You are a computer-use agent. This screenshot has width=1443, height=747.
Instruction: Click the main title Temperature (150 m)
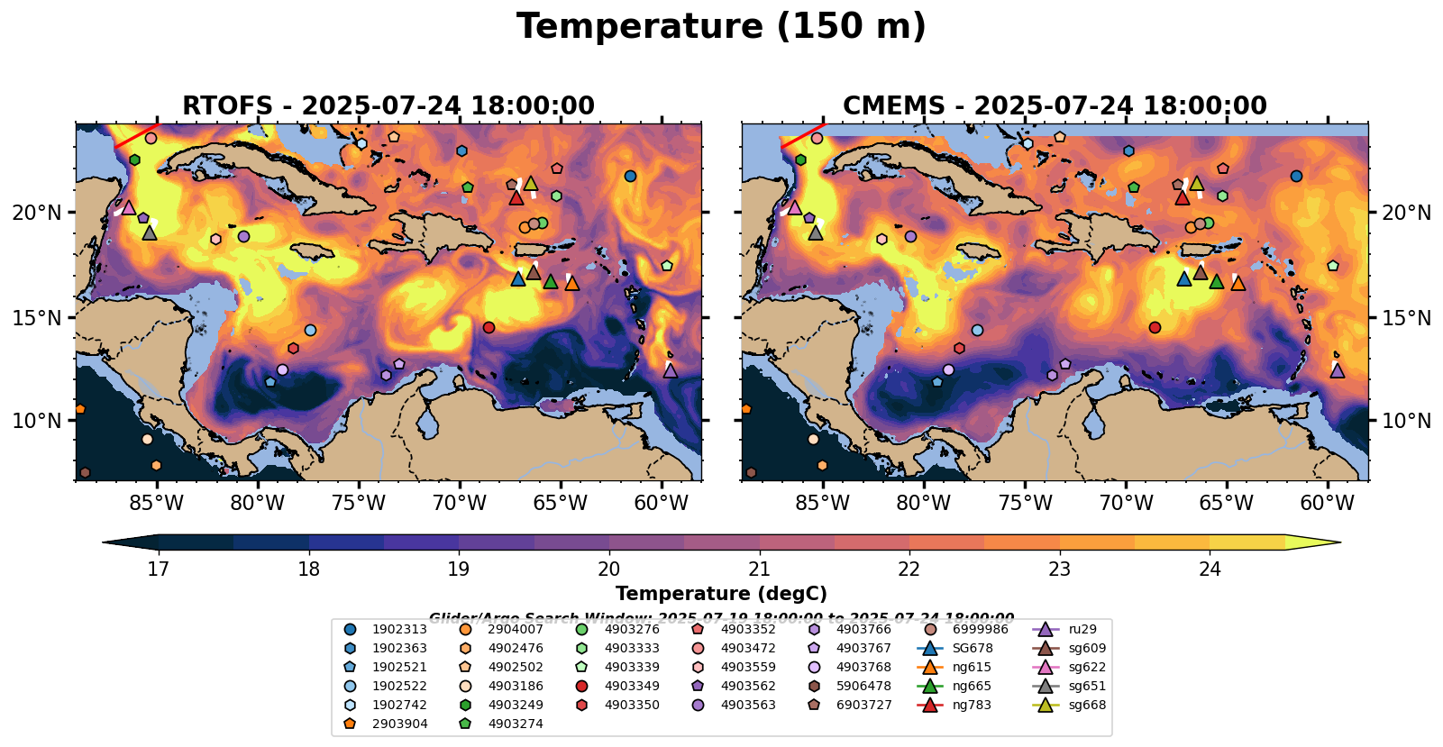point(721,27)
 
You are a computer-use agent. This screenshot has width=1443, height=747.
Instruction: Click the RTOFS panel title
point(388,106)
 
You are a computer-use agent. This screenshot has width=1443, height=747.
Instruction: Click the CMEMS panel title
point(1055,106)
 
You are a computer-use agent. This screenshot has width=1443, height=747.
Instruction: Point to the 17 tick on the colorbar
point(159,569)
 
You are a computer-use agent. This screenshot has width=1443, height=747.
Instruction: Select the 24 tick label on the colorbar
point(1210,569)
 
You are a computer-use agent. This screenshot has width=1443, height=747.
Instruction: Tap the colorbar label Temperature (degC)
point(721,594)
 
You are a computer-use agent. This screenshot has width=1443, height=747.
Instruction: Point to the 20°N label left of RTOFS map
point(37,214)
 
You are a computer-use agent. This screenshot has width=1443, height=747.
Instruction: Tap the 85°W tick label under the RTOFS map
point(157,503)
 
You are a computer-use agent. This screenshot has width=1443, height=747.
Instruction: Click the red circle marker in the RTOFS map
point(489,327)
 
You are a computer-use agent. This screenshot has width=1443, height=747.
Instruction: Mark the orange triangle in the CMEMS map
point(1238,283)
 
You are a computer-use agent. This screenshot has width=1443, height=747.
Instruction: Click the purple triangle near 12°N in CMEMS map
point(1338,370)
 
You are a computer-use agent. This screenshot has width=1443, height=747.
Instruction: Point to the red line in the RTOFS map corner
point(136,135)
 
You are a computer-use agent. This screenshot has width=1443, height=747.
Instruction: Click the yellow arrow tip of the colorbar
point(1334,542)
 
